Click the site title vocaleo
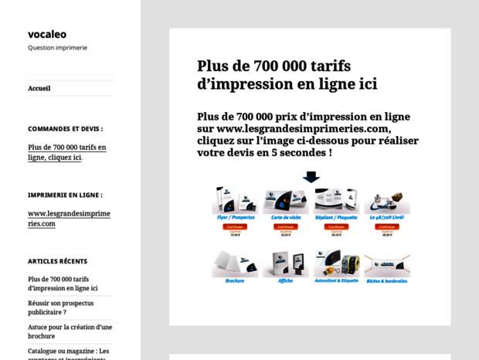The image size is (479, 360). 47,34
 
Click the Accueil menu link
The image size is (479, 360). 39,88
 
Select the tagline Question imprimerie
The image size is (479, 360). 57,48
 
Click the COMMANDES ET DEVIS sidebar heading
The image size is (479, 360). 65,129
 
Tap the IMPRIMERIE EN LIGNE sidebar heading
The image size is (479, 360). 65,195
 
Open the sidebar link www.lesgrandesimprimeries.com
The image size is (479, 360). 69,219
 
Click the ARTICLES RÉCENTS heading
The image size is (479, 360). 57,261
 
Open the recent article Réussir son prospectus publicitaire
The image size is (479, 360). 60,307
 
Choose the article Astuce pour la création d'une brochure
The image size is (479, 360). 70,331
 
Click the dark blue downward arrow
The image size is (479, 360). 311,177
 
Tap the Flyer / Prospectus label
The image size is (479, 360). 236,218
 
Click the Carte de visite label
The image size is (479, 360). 285,218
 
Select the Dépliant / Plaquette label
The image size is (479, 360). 336,218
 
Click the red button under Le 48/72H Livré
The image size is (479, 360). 387,226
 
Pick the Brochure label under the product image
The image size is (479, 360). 235,280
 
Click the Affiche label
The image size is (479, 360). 285,280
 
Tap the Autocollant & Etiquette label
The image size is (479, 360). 336,280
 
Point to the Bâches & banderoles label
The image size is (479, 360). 387,280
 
